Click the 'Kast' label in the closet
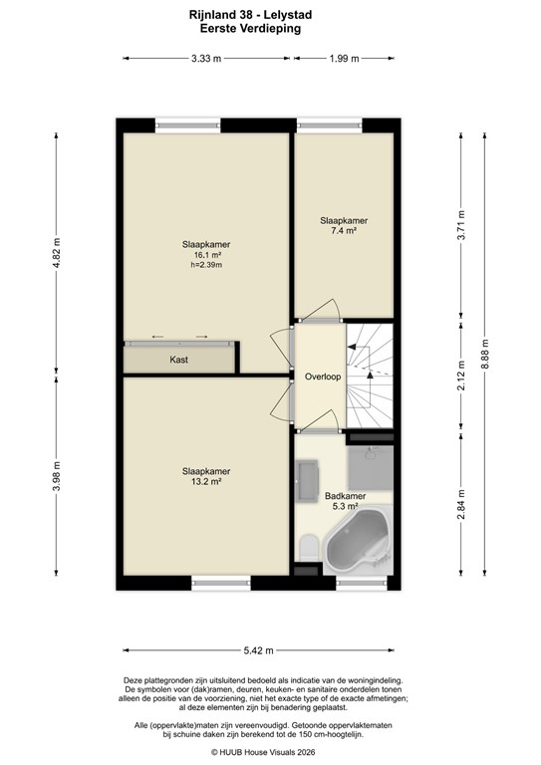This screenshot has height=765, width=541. click(x=179, y=360)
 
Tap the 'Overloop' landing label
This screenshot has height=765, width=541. click(x=322, y=378)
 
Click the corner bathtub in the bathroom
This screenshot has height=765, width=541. click(x=359, y=544)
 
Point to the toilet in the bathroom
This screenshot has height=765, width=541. click(x=308, y=546)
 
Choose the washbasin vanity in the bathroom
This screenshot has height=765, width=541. click(x=306, y=481)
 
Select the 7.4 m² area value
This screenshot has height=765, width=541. click(x=344, y=230)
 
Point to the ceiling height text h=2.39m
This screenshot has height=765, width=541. click(x=207, y=266)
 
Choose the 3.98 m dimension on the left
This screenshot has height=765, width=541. click(x=58, y=480)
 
